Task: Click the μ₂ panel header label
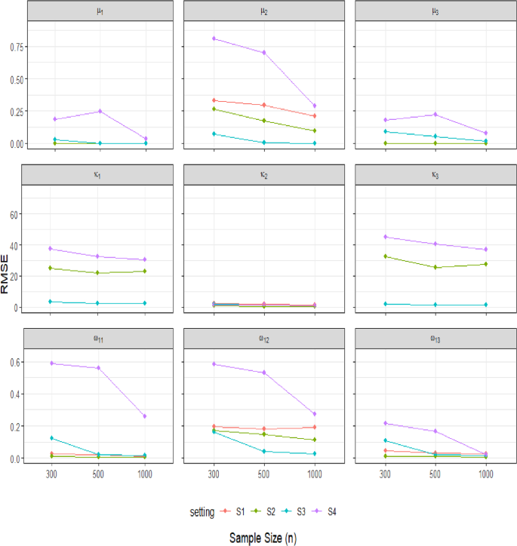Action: click(263, 11)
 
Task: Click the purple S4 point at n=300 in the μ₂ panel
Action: click(214, 38)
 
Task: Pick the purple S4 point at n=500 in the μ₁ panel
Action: click(100, 112)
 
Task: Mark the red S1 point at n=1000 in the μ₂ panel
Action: click(314, 116)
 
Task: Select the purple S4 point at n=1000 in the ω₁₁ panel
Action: click(145, 416)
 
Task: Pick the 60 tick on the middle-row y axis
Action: click(14, 214)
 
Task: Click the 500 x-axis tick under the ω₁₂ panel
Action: click(264, 477)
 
